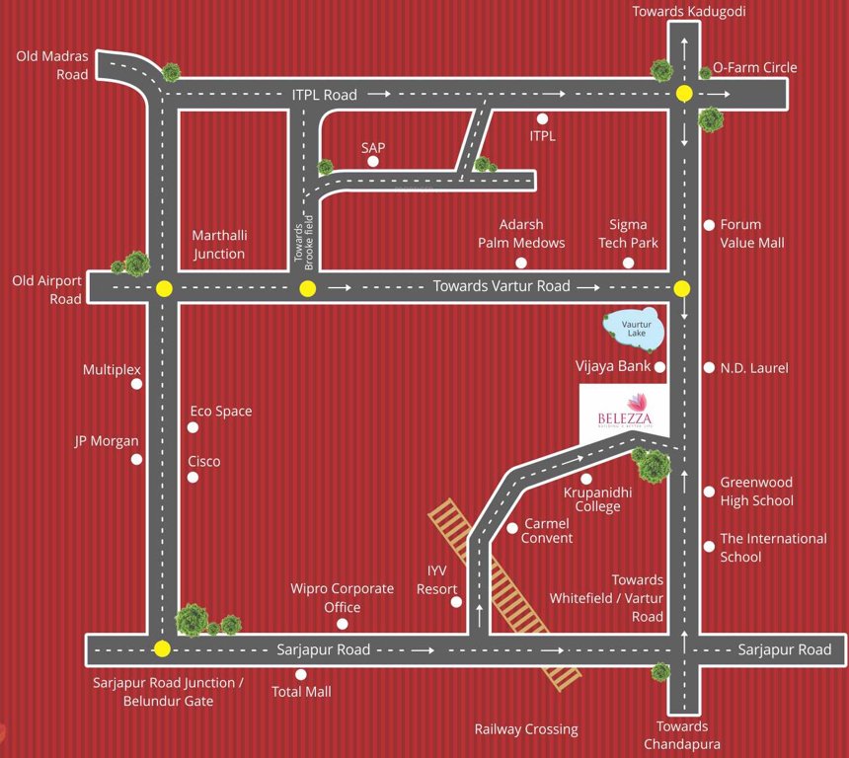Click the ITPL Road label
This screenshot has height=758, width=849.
(x=324, y=95)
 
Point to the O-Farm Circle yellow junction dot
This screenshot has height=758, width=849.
(x=683, y=94)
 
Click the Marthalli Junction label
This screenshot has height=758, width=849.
(x=219, y=245)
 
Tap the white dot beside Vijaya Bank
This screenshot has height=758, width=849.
(x=660, y=367)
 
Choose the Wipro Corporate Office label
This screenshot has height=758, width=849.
(x=342, y=598)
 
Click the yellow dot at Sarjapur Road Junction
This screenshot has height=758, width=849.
(x=162, y=649)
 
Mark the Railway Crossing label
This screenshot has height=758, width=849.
(x=525, y=729)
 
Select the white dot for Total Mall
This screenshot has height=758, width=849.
(x=301, y=674)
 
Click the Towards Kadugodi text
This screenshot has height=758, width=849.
(x=689, y=12)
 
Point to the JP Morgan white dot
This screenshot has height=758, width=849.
(x=136, y=459)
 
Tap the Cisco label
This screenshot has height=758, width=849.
(x=204, y=461)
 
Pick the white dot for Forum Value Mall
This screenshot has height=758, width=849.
(x=708, y=225)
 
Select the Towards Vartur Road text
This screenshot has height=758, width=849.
(x=502, y=286)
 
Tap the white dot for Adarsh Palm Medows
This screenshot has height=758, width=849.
(x=521, y=263)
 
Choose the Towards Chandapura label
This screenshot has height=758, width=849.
(x=681, y=735)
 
